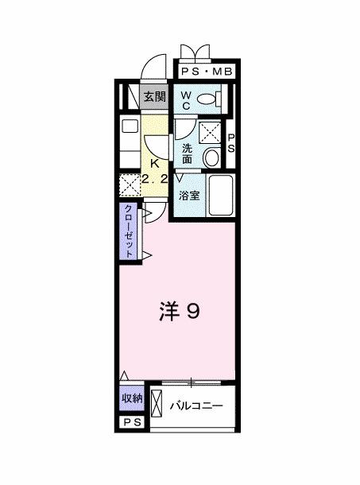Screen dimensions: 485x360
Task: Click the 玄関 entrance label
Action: (x=154, y=98)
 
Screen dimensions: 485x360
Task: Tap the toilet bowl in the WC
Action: (x=208, y=99)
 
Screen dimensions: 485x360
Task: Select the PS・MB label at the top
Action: (x=206, y=72)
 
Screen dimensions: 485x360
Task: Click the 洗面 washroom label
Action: (x=187, y=153)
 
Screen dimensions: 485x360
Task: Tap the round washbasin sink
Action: (x=211, y=157)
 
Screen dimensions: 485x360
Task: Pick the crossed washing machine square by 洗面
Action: (x=211, y=131)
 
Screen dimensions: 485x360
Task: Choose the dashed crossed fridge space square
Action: (x=129, y=186)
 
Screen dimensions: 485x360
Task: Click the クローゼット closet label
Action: (x=128, y=231)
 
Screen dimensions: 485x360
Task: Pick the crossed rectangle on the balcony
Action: (x=157, y=408)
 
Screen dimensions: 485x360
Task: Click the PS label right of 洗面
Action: (x=232, y=144)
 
